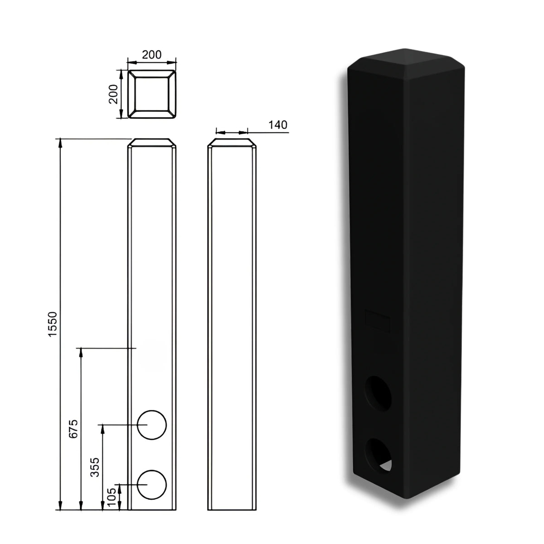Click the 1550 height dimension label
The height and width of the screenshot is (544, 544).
point(53,324)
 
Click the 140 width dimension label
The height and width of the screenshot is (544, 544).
point(277,125)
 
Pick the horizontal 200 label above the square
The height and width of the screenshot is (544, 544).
point(151,55)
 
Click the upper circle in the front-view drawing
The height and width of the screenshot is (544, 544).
point(152,425)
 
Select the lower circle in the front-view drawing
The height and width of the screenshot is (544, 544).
point(152,485)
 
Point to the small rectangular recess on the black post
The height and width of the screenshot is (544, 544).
point(377,321)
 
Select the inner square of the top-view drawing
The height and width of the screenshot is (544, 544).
point(152,94)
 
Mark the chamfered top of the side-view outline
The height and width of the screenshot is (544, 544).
point(232,143)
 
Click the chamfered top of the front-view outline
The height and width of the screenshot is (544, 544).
point(152,143)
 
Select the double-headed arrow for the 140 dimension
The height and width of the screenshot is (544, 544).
point(232,132)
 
